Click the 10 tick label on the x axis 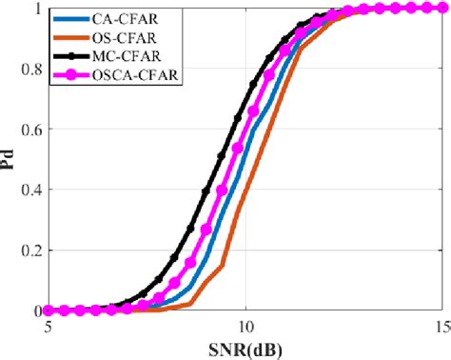[x=245, y=325]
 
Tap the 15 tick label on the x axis [x=441, y=325]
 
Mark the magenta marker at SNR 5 [x=49, y=310]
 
